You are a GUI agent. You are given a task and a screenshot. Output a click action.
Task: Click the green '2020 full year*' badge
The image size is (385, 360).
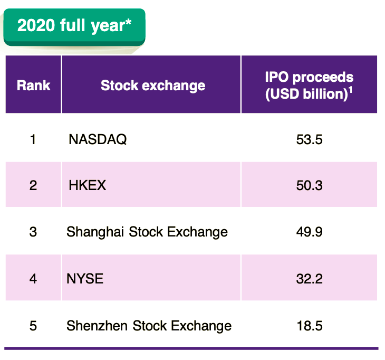(x=74, y=27)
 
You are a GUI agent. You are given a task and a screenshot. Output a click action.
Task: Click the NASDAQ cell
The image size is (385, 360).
(x=98, y=139)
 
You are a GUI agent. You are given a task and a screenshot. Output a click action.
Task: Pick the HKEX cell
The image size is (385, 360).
(x=87, y=185)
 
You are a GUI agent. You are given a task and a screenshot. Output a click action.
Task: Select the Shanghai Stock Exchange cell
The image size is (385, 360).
(x=147, y=232)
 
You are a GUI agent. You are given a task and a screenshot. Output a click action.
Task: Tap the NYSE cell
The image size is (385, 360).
(x=85, y=279)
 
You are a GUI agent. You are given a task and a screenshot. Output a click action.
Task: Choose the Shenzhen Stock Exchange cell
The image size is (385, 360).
(x=149, y=326)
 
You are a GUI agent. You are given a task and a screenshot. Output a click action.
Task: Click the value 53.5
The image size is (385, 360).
(x=310, y=139)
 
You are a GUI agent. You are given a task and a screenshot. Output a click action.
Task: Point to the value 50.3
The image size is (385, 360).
(x=310, y=185)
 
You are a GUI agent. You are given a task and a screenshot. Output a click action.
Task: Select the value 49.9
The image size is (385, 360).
(x=310, y=232)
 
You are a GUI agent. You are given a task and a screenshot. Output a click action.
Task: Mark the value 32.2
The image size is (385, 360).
(x=310, y=279)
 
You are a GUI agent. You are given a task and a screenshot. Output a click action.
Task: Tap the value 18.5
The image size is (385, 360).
(x=310, y=326)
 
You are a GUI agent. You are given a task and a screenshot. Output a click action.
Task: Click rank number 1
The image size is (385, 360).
(x=33, y=139)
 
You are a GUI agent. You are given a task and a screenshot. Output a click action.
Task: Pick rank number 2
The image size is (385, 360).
(x=33, y=185)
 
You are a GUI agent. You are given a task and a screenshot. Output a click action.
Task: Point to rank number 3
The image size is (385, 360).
(x=33, y=232)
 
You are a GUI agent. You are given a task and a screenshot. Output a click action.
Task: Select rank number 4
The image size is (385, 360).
(x=33, y=279)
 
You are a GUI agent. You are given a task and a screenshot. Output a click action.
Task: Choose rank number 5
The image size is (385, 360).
(x=33, y=326)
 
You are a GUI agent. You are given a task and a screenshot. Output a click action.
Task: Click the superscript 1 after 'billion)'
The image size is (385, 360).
(x=351, y=90)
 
